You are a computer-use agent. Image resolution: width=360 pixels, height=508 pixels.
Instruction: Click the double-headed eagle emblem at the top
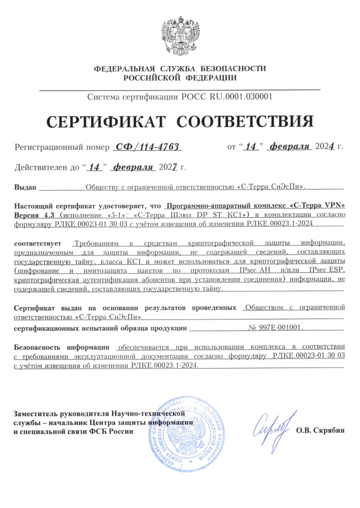[x=180, y=36]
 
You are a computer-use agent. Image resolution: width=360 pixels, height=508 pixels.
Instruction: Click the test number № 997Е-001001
[x=276, y=328]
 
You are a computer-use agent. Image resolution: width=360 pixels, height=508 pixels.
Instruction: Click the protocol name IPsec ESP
[x=326, y=270]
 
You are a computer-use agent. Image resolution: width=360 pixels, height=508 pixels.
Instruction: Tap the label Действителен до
[x=47, y=168]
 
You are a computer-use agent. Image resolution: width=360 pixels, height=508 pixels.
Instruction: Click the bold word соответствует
[x=37, y=244]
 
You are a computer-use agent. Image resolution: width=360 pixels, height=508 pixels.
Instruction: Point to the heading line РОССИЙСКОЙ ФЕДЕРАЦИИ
[x=180, y=78]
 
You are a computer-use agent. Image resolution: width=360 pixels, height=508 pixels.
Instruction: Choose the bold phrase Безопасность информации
[x=62, y=346]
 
